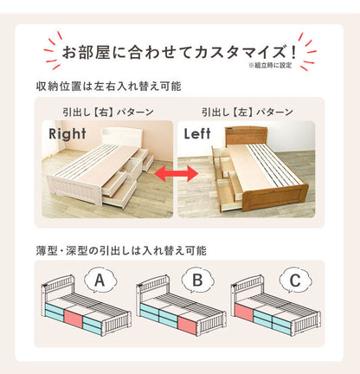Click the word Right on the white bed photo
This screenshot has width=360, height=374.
pyautogui.click(x=67, y=134)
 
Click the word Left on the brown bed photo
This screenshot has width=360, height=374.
pyautogui.click(x=197, y=133)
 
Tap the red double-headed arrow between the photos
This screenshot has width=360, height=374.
pyautogui.click(x=177, y=173)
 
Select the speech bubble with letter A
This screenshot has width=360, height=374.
pyautogui.click(x=100, y=280)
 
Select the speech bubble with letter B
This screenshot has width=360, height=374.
pyautogui.click(x=197, y=280)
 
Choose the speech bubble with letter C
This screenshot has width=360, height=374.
pyautogui.click(x=295, y=280)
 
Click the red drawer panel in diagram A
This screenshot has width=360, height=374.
pyautogui.click(x=74, y=319)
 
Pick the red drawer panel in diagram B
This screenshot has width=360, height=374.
pyautogui.click(x=188, y=326)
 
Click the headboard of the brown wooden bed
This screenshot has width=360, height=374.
pyautogui.click(x=246, y=136)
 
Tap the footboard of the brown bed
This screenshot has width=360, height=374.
pyautogui.click(x=275, y=198)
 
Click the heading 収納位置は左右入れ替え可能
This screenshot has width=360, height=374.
pyautogui.click(x=108, y=87)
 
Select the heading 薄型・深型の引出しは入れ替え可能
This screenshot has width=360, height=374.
pyautogui.click(x=121, y=250)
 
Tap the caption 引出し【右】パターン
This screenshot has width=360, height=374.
pyautogui.click(x=108, y=112)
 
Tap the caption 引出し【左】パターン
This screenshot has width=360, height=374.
pyautogui.click(x=247, y=112)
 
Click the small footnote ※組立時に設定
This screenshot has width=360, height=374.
pyautogui.click(x=270, y=66)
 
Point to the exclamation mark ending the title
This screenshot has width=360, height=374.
pyautogui.click(x=293, y=52)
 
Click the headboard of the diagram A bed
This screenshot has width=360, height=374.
pyautogui.click(x=59, y=285)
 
